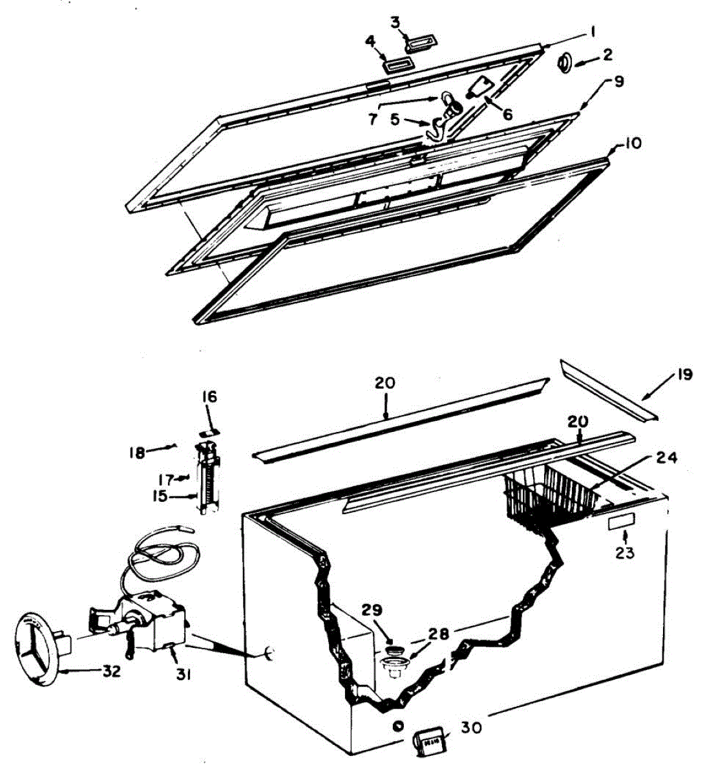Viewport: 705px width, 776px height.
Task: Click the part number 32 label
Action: [x=111, y=671]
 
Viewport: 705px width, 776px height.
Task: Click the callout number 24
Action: [x=666, y=458]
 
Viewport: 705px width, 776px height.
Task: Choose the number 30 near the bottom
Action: [x=472, y=727]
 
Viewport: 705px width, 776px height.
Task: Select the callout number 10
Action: [x=633, y=142]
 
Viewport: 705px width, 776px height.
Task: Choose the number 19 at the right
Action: [x=684, y=374]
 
